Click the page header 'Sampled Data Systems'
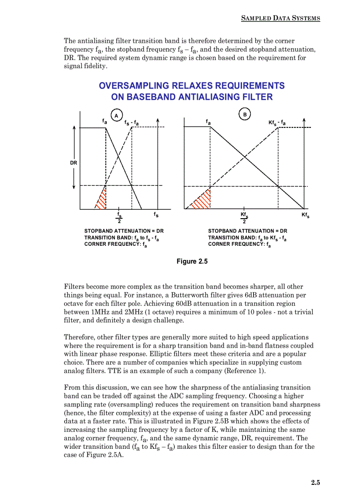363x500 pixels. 280,18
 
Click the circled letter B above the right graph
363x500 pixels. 245,114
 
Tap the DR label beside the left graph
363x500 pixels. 73,163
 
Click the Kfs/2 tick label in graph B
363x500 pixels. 244,217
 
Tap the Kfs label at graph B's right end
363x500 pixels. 305,215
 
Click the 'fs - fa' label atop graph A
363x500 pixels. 131,122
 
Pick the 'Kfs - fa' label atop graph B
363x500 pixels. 277,122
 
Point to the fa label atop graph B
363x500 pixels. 208,122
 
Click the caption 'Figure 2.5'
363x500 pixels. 192,261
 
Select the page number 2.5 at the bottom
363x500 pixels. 315,482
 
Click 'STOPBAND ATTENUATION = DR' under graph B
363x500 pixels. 247,231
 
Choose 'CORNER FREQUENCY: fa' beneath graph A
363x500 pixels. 115,244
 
